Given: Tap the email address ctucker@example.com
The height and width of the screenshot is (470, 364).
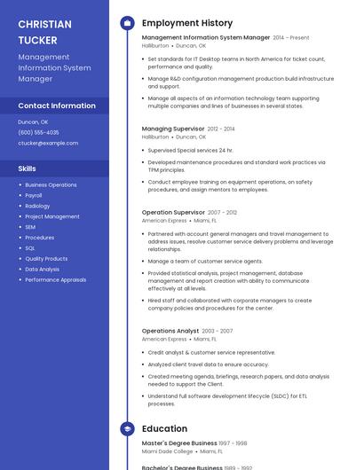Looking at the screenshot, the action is [x=48, y=143].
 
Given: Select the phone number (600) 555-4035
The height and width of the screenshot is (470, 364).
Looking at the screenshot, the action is [x=38, y=132].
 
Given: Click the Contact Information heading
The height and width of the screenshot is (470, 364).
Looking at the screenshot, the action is [x=57, y=106].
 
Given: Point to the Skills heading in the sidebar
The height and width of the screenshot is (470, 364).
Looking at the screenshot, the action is [x=28, y=168].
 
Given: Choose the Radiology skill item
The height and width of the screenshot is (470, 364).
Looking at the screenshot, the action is [x=37, y=206].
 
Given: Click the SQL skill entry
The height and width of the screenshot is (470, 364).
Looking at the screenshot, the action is [x=30, y=248].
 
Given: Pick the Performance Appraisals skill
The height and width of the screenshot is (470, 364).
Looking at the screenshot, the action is [x=55, y=279].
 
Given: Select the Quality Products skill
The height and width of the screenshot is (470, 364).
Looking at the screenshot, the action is [x=46, y=259].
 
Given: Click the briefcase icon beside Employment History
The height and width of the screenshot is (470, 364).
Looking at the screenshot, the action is [x=127, y=23].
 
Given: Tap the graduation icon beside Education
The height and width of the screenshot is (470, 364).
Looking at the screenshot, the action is [x=127, y=429].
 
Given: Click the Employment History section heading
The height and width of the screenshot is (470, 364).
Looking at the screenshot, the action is [x=187, y=23].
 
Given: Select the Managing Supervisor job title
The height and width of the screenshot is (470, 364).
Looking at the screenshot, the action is [x=172, y=129].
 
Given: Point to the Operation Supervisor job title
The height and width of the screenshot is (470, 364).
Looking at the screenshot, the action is [x=173, y=213].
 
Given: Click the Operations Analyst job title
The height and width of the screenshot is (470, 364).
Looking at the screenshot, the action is [x=170, y=331].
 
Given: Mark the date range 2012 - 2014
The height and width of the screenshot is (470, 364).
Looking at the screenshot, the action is [x=221, y=129].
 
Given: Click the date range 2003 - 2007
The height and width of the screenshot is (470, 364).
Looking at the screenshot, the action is [x=218, y=331].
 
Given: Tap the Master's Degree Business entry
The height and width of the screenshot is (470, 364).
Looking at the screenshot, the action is [x=179, y=443].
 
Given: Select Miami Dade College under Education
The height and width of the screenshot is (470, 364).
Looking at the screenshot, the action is [x=168, y=451].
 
